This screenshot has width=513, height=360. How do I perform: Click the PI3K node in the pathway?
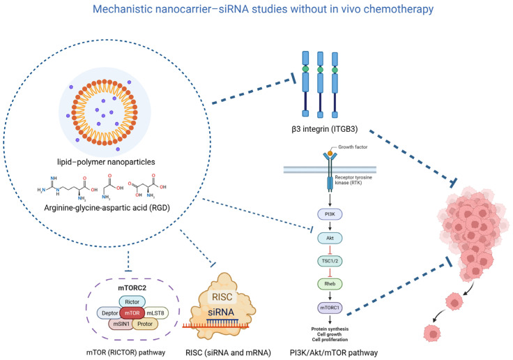pos(330,214)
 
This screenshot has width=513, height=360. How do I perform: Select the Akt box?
pos(330,238)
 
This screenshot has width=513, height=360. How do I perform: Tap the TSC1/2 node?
pos(330,261)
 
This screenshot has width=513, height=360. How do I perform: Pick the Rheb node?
pos(330,284)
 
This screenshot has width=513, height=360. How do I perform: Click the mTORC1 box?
pos(330,308)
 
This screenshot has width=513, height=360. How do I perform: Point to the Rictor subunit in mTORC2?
pos(132,301)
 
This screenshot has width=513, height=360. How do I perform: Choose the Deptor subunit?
pos(109,313)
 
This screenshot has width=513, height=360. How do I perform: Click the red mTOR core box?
pos(132,313)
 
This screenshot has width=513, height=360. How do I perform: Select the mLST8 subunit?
pos(155,313)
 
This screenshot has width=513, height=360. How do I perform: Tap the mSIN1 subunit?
pos(121,324)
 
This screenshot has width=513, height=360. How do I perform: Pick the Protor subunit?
pos(145,324)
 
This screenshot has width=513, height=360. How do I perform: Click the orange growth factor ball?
pos(330,153)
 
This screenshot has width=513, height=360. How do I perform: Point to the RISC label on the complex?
pos(222,297)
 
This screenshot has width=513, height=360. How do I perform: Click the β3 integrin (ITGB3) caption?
pos(325,129)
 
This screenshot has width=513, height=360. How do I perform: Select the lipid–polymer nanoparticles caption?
pos(106,162)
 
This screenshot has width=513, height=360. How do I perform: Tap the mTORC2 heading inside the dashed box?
pos(132,288)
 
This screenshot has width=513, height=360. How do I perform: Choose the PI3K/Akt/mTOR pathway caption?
pos(334,353)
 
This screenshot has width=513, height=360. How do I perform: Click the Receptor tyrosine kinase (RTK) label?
pos(353,180)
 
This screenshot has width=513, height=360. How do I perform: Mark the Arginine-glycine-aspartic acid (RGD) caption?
pos(107,208)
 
